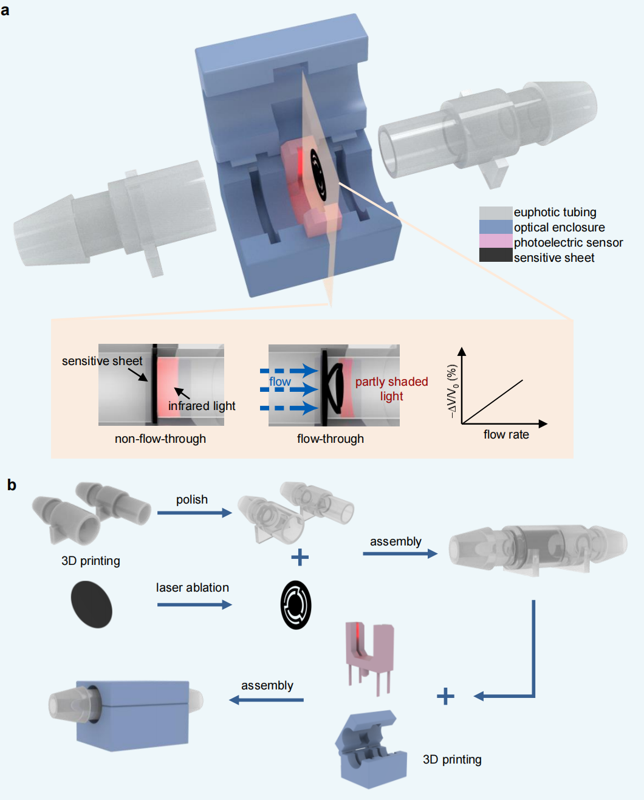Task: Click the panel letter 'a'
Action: click(5, 10)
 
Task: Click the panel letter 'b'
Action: click(12, 485)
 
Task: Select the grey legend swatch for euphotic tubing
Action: click(495, 213)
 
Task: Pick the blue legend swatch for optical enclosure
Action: click(495, 227)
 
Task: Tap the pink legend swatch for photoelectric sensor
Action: click(495, 242)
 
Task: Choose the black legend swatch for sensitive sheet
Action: click(495, 256)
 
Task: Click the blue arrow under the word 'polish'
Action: click(194, 513)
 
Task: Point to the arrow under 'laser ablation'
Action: click(194, 604)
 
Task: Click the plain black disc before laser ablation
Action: click(92, 604)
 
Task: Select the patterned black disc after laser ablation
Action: click(296, 605)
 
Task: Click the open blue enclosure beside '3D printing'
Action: click(371, 750)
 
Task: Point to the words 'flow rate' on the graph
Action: click(506, 434)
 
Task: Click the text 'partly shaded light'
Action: click(391, 389)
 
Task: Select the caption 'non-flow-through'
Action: click(160, 439)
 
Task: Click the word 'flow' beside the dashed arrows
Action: click(280, 381)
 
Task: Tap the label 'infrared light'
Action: click(202, 406)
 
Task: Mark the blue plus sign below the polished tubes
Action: click(300, 557)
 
